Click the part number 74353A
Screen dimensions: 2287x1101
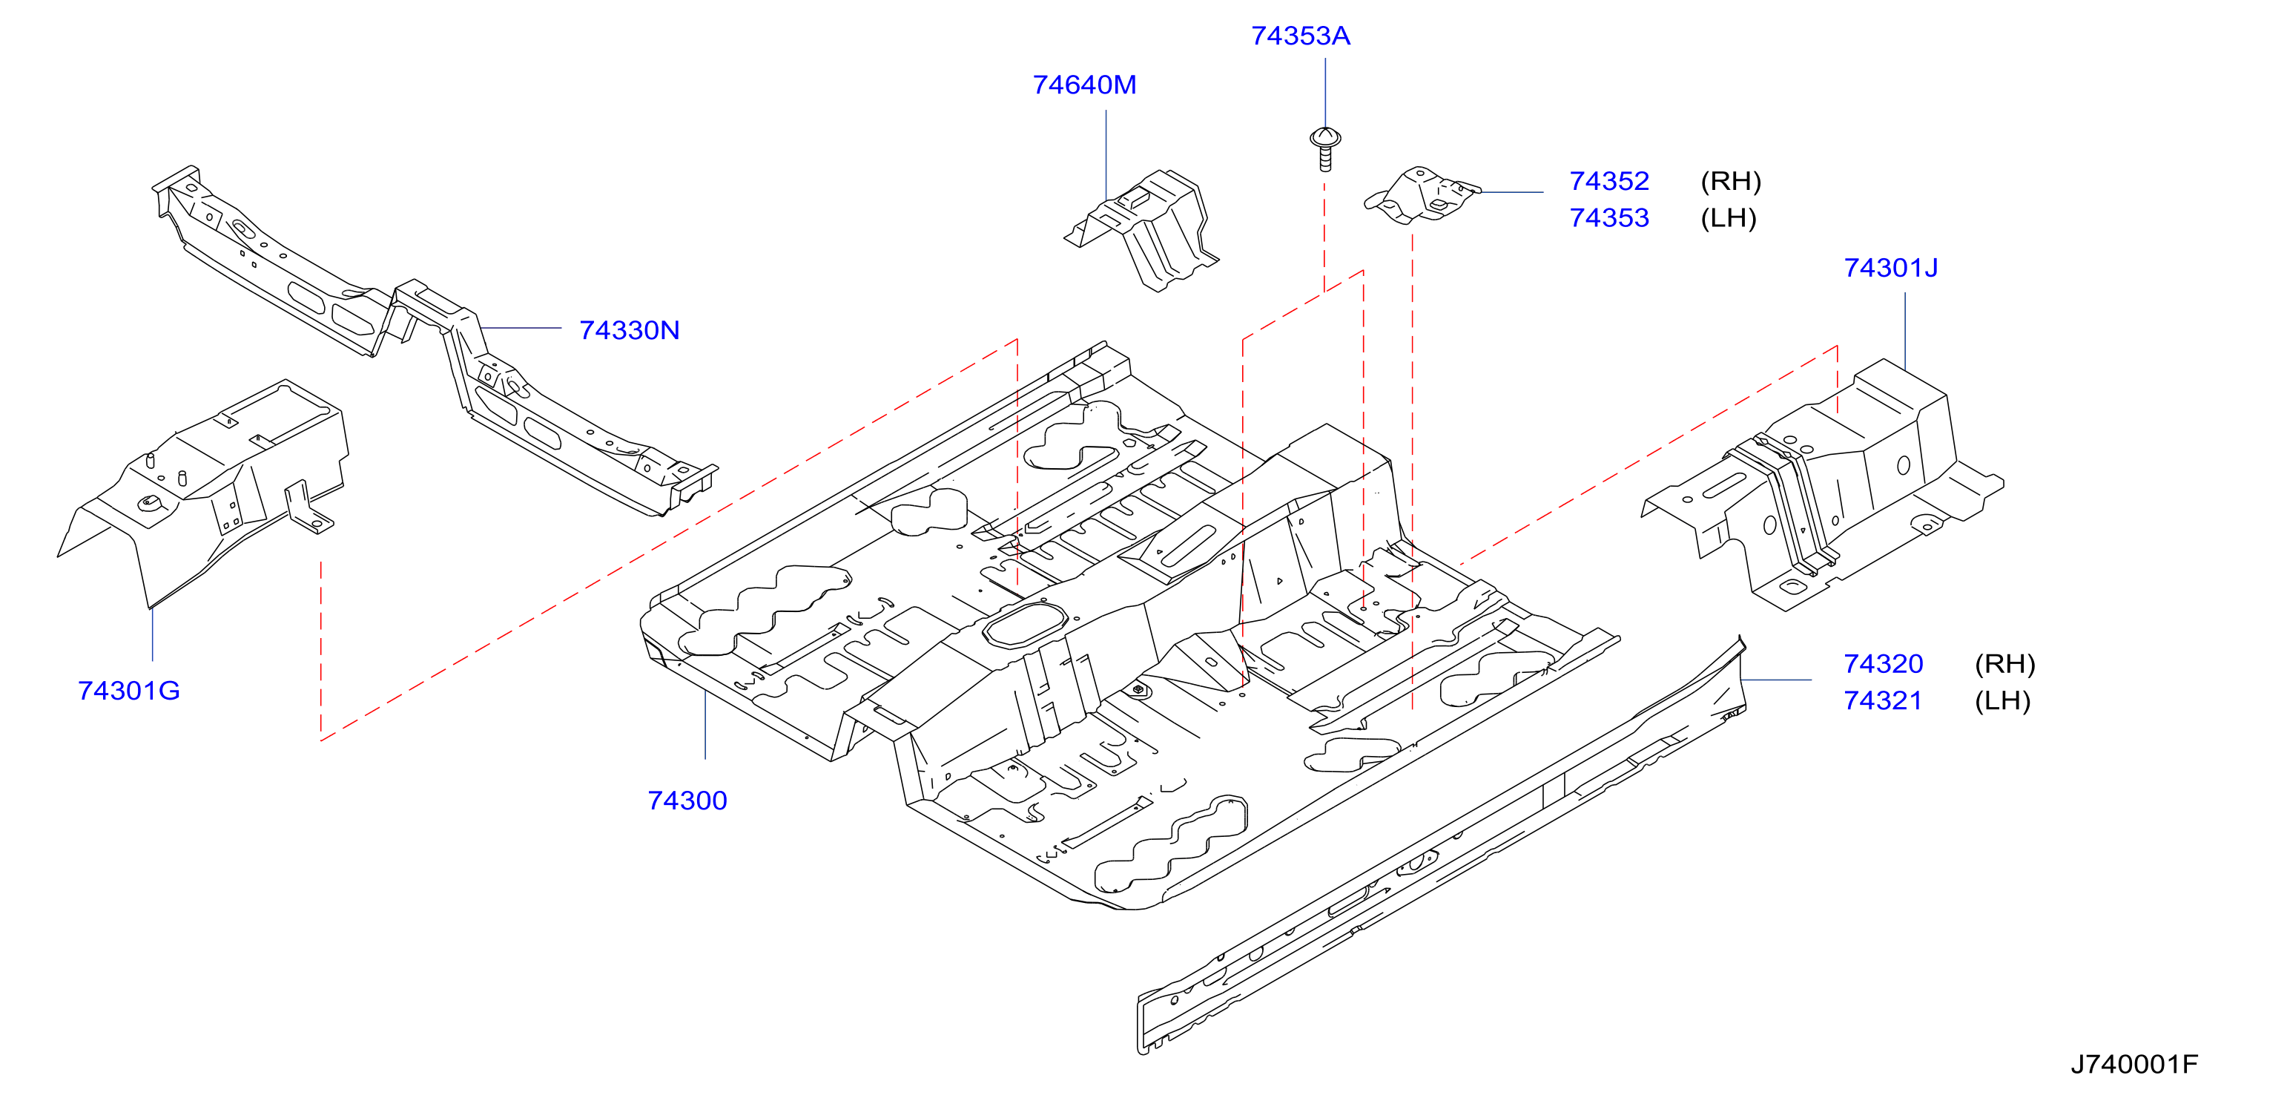[1300, 36]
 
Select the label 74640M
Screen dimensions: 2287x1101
[1084, 85]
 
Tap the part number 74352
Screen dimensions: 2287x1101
[1608, 181]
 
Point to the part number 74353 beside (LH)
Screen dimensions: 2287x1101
[1608, 217]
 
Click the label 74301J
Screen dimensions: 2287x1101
[1890, 267]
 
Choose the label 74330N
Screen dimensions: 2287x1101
[629, 330]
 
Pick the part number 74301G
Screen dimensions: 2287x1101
[129, 690]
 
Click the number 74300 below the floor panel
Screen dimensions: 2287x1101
[687, 800]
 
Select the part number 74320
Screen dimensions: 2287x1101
[1883, 663]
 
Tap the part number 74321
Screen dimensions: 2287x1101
[1883, 700]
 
